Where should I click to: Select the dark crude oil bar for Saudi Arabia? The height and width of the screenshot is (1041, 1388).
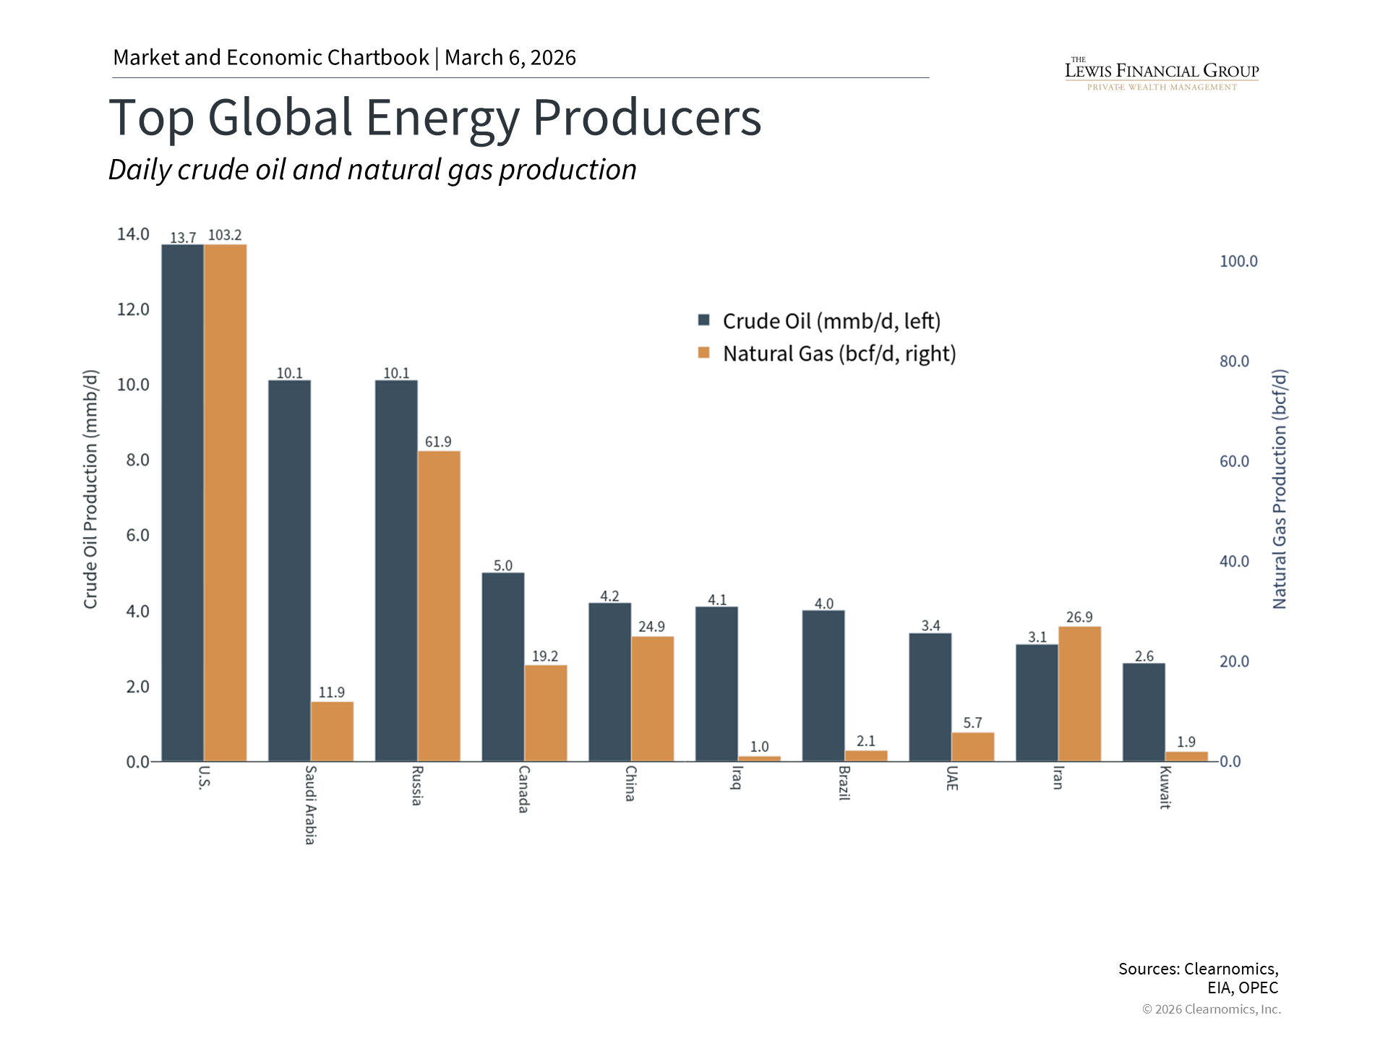289,570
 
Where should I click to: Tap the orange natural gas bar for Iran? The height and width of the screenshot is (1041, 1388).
1079,693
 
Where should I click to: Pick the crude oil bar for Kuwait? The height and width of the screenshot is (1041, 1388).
1144,712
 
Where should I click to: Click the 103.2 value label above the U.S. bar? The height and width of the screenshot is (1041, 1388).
225,236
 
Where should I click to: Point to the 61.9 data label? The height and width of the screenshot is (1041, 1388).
438,442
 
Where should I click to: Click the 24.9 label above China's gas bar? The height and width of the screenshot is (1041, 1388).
651,627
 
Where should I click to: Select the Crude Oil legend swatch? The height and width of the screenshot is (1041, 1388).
704,320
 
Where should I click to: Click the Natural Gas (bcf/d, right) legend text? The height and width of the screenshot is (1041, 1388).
839,354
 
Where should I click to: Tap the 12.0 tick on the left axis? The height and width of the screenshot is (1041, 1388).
133,309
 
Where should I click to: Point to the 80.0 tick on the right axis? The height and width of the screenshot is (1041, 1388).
1234,361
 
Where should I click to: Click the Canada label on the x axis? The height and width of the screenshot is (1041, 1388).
523,789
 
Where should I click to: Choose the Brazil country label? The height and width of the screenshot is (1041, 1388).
844,783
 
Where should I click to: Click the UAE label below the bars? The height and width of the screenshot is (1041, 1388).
951,778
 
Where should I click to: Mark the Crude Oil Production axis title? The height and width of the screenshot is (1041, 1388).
90,489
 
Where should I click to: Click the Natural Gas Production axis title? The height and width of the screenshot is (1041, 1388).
1280,489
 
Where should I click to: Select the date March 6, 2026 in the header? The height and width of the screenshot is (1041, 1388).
510,58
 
